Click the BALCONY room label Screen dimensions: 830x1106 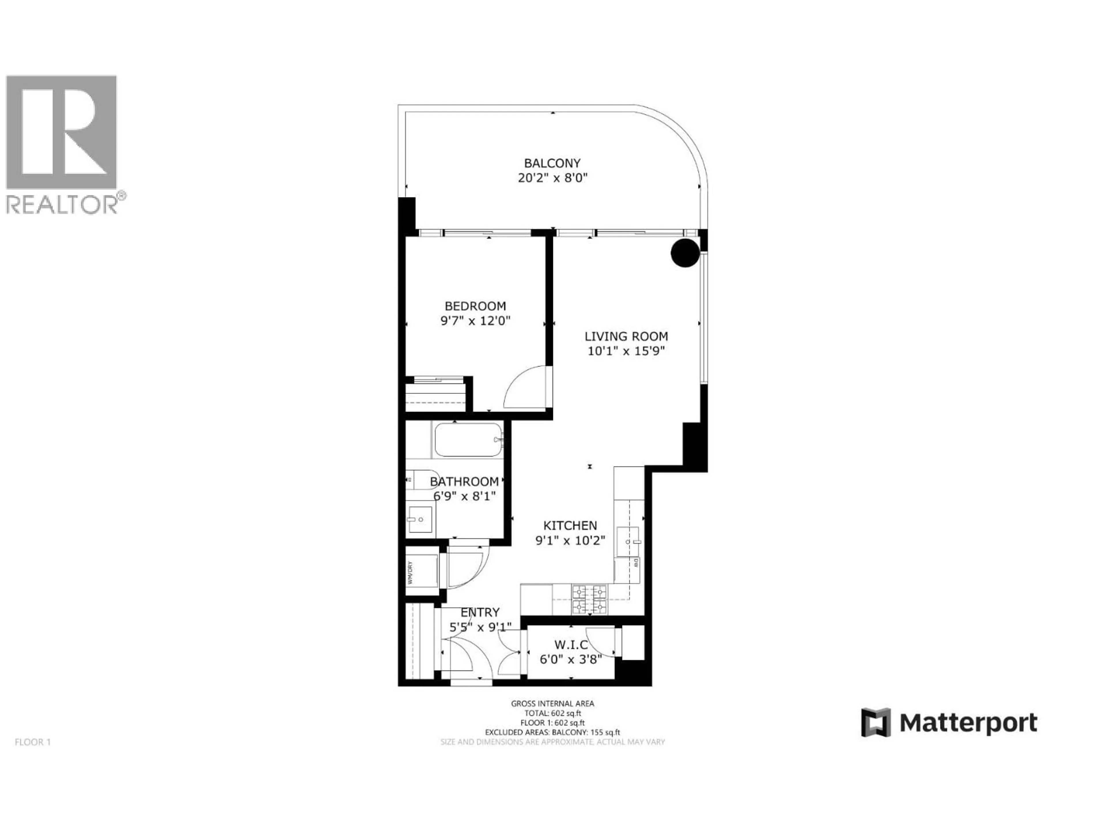(x=552, y=163)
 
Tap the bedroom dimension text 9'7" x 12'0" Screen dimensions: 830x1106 (x=475, y=321)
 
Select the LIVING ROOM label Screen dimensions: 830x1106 (x=626, y=336)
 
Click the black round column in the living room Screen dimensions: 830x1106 (x=685, y=253)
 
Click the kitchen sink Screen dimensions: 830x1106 (x=629, y=541)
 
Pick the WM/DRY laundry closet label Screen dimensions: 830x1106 (x=410, y=573)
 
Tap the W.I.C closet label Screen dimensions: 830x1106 (x=571, y=645)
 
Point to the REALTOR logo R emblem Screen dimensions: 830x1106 (x=61, y=132)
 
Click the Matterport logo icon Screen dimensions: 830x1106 (x=876, y=723)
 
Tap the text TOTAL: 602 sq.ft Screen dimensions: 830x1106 (x=552, y=714)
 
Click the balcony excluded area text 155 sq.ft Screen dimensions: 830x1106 (x=605, y=732)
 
